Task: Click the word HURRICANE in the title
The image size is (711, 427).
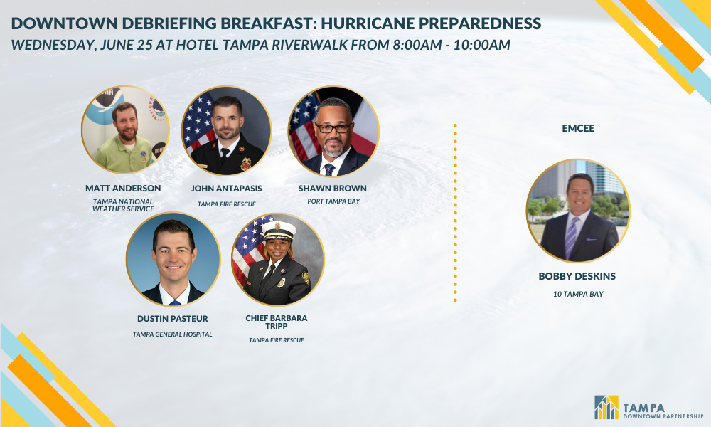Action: point(368,23)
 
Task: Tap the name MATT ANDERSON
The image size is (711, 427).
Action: point(123,189)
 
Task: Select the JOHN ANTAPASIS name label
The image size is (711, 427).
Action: point(226,189)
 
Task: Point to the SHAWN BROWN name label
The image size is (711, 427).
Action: point(332,189)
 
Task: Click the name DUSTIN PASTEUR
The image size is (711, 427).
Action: point(172,319)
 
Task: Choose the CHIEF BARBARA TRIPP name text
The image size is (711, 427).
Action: point(276,322)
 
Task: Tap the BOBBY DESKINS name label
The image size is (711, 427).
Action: point(577,276)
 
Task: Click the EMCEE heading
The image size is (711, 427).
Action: point(577,128)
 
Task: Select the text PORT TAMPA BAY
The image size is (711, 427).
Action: point(333,201)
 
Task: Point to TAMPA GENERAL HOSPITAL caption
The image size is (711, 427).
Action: point(172,334)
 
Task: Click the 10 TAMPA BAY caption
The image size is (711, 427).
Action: point(577,294)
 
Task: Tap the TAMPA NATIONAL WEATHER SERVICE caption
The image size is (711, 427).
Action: point(123,205)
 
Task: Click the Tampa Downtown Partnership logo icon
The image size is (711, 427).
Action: point(606,407)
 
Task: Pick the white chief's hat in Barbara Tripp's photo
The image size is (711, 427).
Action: point(279,231)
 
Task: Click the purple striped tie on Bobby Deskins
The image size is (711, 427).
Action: point(571,237)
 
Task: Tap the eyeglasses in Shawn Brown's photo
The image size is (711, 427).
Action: point(333,128)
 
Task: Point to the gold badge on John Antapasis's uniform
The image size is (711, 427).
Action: point(245,164)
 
